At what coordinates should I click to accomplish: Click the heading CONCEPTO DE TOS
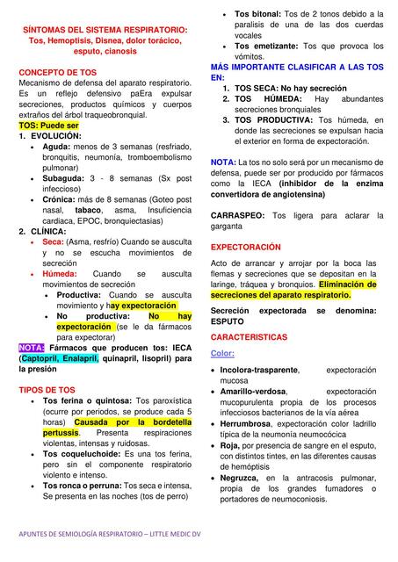(x=58, y=72)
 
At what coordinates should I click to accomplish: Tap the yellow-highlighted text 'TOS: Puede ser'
(x=49, y=126)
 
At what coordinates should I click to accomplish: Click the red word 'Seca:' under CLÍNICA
(x=53, y=241)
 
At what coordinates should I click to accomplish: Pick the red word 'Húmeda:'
(x=61, y=274)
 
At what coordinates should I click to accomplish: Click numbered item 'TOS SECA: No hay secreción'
(x=292, y=88)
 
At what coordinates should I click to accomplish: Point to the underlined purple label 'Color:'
(x=223, y=353)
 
